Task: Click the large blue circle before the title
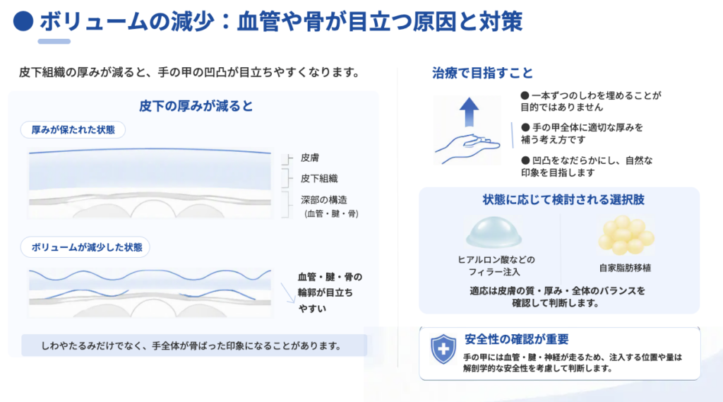tap(23, 21)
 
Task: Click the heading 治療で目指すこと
tap(482, 73)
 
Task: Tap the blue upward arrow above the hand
tap(469, 112)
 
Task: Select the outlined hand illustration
tap(467, 148)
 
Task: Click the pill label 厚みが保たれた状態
tap(73, 130)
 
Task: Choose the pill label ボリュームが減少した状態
tap(85, 247)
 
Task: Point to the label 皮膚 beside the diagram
tap(310, 158)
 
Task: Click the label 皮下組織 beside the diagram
tap(319, 179)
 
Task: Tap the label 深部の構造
tap(323, 200)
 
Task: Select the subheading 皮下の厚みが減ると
tap(196, 106)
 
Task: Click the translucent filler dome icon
tap(494, 232)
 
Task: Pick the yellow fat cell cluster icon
tap(626, 235)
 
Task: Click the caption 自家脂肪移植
tap(625, 268)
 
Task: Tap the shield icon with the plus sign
tap(443, 349)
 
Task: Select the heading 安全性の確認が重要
tap(516, 339)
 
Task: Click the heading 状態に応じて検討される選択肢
tap(563, 200)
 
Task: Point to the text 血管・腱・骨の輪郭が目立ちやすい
tap(330, 292)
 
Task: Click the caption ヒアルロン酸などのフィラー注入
tap(496, 266)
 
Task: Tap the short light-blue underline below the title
tap(54, 42)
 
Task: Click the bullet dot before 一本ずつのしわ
tap(525, 95)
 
